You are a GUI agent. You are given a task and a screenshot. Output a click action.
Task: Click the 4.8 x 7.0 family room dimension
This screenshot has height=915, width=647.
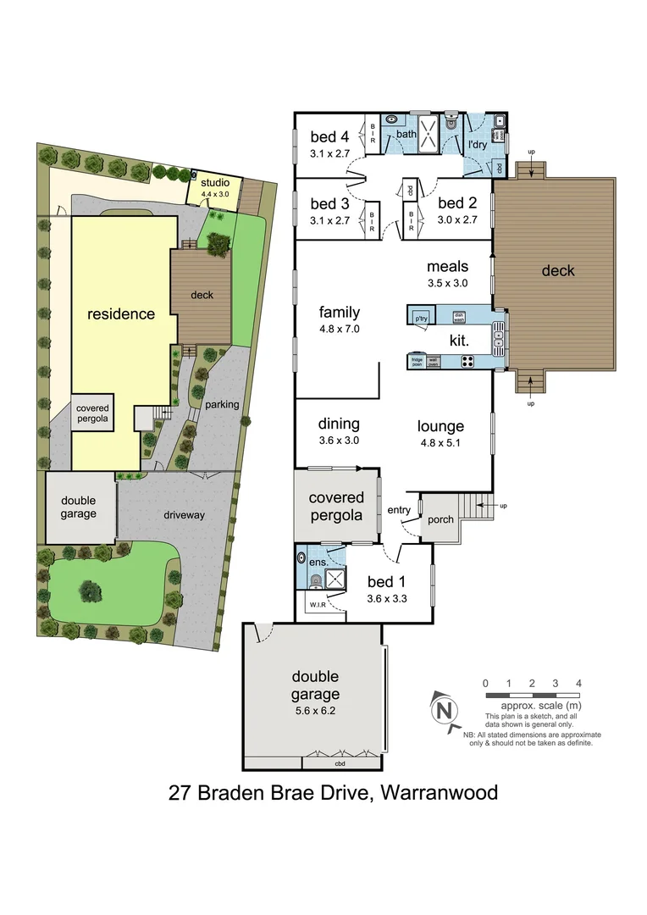pos(340,329)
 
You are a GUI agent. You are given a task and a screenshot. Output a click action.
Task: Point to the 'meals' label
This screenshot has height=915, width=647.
pos(447,267)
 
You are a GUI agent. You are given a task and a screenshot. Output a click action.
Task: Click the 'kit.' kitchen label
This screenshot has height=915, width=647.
pos(460,340)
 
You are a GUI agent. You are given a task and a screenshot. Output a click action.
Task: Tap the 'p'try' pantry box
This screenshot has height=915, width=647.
pos(421,319)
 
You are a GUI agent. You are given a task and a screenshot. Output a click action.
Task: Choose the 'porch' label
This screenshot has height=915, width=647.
pos(440,519)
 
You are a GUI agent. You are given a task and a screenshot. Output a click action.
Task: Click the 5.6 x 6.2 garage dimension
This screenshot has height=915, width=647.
pos(316,711)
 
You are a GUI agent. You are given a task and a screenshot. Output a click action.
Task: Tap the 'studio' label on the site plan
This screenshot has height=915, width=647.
pos(214,182)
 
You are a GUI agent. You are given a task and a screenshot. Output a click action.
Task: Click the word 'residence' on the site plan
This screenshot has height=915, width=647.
pos(121,314)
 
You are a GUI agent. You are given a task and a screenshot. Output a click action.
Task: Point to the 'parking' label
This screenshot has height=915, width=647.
pos(222,404)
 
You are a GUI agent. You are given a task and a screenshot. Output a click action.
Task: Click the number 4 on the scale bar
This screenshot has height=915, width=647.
pos(578,682)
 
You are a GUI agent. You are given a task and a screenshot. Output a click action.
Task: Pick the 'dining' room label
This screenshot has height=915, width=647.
pos(339,424)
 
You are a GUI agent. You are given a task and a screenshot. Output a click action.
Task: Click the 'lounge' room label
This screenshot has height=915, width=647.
pos(440,426)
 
